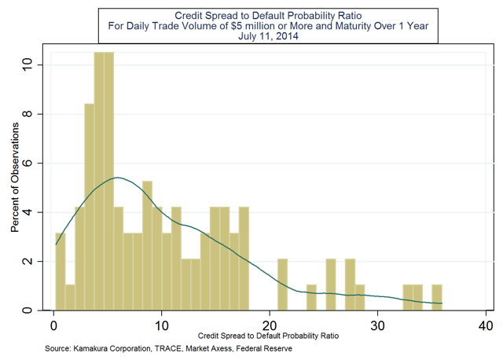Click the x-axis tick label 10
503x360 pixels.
pos(161,325)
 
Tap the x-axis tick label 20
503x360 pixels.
pos(269,325)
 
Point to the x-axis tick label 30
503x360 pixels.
pos(377,325)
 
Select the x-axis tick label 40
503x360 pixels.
pos(485,325)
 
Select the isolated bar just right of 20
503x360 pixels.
pos(282,285)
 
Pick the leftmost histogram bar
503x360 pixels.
pos(61,271)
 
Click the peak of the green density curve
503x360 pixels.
pos(116,178)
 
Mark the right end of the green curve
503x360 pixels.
pos(442,303)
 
